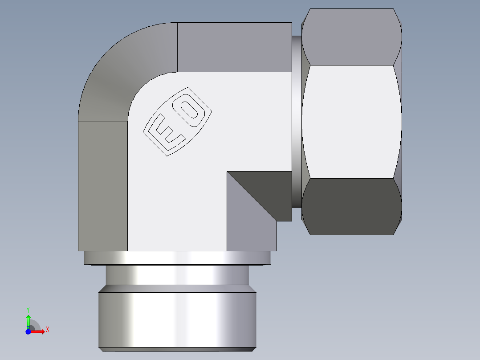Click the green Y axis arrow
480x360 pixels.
tap(28, 319)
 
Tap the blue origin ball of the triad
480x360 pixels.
tap(28, 331)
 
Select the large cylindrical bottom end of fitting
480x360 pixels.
tap(177, 319)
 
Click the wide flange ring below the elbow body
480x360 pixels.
tap(177, 258)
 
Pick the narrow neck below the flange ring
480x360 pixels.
tap(177, 275)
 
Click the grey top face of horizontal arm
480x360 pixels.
tap(234, 47)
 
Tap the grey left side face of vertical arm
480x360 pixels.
tap(102, 185)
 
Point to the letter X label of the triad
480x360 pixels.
tap(48, 330)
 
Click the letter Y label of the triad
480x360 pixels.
tap(28, 309)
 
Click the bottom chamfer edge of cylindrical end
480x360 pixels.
tap(177, 349)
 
